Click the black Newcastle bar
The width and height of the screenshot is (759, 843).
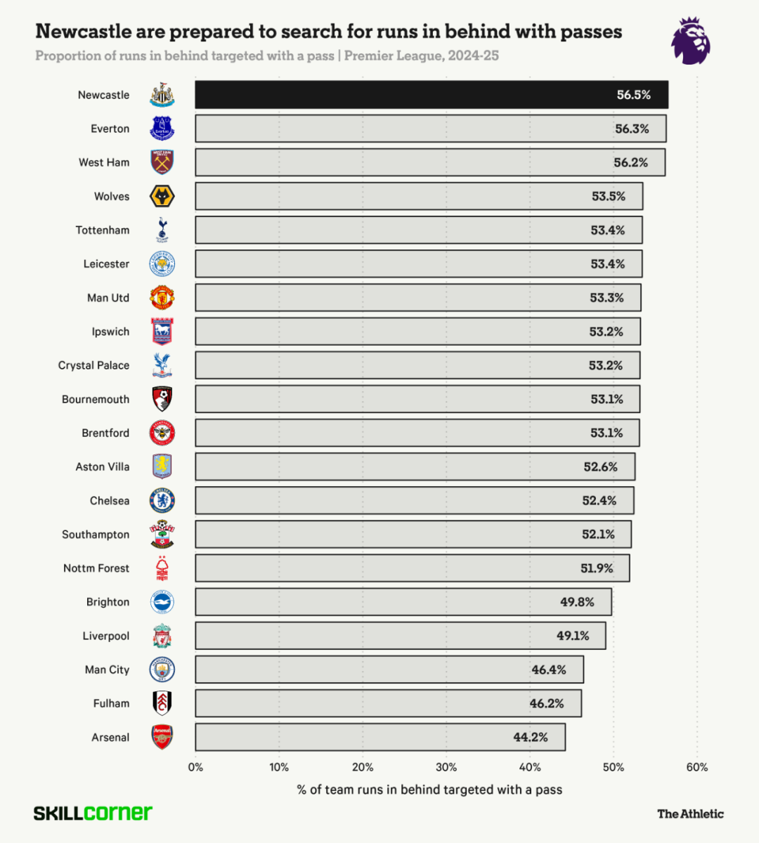(x=431, y=95)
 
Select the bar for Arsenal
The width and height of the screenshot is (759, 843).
(x=379, y=738)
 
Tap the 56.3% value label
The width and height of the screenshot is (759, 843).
(x=632, y=129)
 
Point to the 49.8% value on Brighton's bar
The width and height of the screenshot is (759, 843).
(x=577, y=602)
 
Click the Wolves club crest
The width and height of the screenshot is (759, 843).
(x=162, y=197)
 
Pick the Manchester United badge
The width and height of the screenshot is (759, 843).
(x=162, y=298)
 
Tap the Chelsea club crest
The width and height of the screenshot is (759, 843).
(x=162, y=501)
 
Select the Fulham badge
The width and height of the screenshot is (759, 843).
(x=162, y=703)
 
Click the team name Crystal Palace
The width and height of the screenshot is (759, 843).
(x=93, y=365)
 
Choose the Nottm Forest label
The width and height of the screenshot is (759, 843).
(x=96, y=568)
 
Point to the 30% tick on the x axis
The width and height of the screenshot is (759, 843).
(x=446, y=767)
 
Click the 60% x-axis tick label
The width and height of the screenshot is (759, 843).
(x=696, y=767)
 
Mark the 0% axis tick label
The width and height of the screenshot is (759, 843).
(x=195, y=767)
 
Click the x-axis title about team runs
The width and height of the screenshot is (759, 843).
(x=429, y=790)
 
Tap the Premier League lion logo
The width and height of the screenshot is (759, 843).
(x=690, y=41)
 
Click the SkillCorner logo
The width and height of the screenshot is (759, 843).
(x=93, y=813)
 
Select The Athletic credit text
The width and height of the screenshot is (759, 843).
(x=690, y=814)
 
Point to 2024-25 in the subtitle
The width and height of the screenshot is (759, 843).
(x=473, y=55)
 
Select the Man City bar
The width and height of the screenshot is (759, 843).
(x=389, y=670)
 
